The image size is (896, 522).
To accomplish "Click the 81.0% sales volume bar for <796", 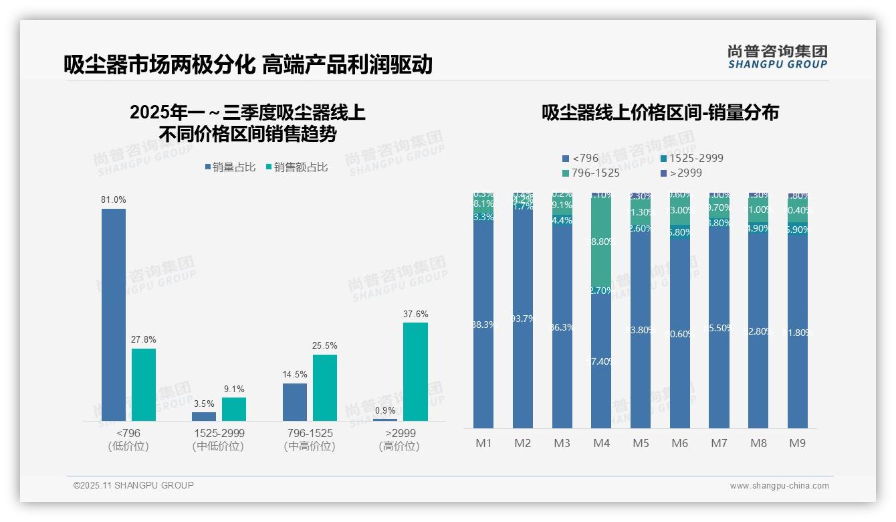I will pyautogui.click(x=114, y=315).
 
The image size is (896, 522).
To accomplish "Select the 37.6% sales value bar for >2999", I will pyautogui.click(x=415, y=371).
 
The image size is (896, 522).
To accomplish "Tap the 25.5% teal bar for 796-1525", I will pyautogui.click(x=325, y=387).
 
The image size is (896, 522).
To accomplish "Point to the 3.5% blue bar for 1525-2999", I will pyautogui.click(x=204, y=416).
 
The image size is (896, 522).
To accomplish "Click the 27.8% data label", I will pyautogui.click(x=144, y=340).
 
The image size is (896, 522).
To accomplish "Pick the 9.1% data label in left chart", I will pyautogui.click(x=234, y=389).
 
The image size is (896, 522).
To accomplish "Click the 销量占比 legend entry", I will pyautogui.click(x=231, y=167).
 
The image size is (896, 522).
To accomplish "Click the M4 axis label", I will pyautogui.click(x=601, y=443).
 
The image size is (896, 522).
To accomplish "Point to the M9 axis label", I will pyautogui.click(x=798, y=443).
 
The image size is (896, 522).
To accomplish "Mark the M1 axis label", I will pyautogui.click(x=483, y=443).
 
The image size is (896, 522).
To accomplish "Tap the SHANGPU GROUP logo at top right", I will pyautogui.click(x=777, y=56).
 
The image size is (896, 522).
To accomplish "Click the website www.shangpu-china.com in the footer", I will pyautogui.click(x=779, y=486).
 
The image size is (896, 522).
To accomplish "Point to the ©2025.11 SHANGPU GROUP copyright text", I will pyautogui.click(x=134, y=485).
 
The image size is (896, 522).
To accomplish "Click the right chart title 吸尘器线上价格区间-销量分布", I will pyautogui.click(x=660, y=113).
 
